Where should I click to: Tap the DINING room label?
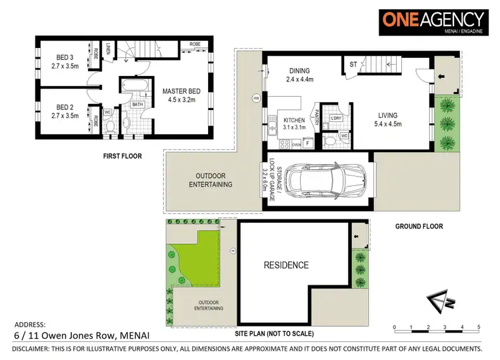(303, 71)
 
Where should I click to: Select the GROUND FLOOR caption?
(418, 227)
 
